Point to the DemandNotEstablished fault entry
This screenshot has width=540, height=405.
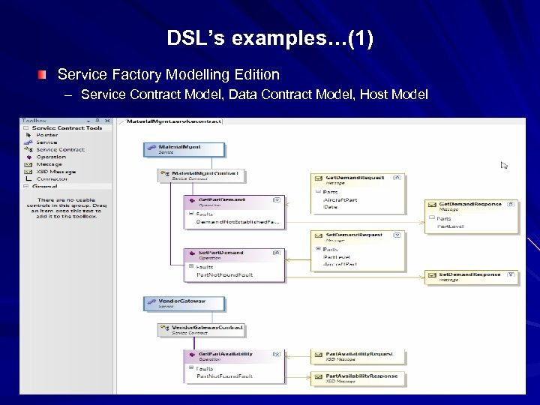coord(237,223)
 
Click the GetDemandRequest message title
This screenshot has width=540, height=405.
coord(355,178)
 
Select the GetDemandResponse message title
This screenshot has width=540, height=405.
coord(466,204)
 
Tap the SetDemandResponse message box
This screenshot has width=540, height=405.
coord(471,277)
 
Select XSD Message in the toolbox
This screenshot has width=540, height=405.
coord(55,172)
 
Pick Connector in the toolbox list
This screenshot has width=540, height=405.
coord(52,179)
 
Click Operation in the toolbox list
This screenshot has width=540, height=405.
coord(52,157)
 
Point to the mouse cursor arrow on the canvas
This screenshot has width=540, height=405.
coord(504,165)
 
